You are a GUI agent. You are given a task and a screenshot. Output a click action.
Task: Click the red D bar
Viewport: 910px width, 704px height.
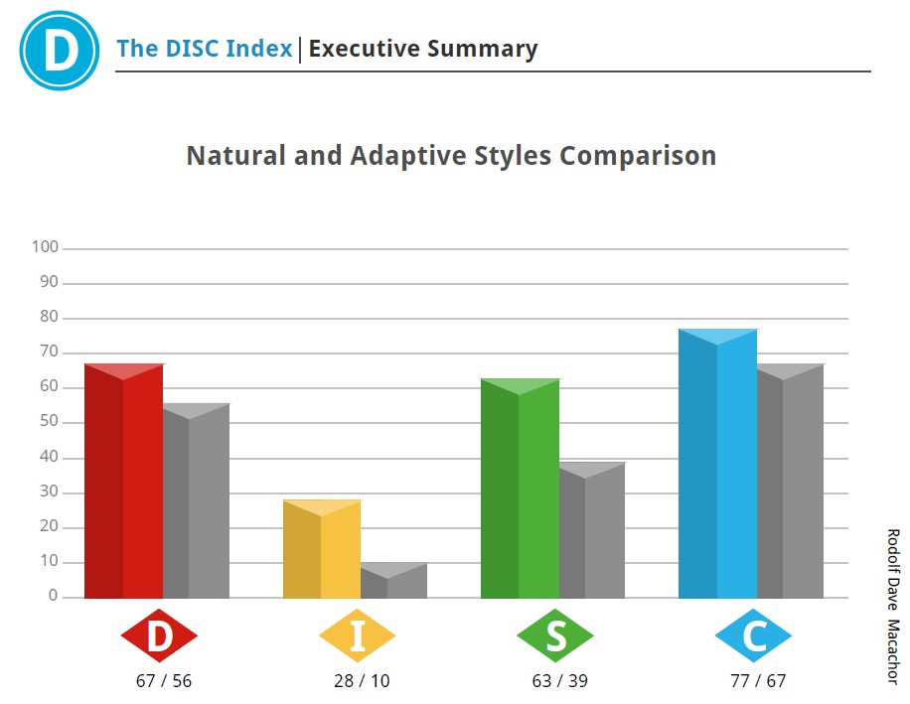pos(124,482)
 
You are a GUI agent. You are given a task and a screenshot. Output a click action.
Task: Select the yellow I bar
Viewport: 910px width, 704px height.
pos(321,549)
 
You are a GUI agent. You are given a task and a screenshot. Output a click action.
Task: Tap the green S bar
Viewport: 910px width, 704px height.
pos(520,489)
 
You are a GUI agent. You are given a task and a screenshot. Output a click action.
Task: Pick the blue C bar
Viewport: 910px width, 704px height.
pos(717,464)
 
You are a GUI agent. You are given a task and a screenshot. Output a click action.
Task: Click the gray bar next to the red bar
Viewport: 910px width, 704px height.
pos(197,501)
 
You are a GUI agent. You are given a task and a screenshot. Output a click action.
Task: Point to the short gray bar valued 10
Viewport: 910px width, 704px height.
pos(394,582)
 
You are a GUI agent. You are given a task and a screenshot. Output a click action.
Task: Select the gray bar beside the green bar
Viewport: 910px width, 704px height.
pos(592,531)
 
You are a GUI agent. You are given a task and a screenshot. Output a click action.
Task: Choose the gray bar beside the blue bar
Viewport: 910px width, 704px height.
pos(791,482)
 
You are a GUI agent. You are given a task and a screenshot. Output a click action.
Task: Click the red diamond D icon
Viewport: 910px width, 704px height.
pos(159,635)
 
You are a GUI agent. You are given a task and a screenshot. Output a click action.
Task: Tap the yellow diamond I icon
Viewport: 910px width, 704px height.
pos(357,635)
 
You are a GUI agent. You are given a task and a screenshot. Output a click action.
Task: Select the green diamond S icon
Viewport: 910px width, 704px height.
pos(555,635)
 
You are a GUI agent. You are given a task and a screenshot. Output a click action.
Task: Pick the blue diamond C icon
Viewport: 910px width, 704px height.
pos(753,635)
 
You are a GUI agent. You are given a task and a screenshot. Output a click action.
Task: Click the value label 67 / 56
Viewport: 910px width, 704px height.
pos(163,681)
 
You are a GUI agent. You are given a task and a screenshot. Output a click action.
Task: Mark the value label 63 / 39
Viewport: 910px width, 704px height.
pos(559,681)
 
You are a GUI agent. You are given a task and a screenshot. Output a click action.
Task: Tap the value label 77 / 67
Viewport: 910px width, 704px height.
pos(757,681)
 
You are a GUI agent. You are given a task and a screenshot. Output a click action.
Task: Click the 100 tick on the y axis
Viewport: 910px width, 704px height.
pos(46,246)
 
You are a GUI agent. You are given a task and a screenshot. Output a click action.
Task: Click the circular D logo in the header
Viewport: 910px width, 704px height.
pos(59,50)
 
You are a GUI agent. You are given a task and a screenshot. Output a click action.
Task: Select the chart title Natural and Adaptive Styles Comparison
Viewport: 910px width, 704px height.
pos(451,156)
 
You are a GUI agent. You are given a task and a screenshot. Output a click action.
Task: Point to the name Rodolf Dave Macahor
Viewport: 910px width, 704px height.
pos(891,605)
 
